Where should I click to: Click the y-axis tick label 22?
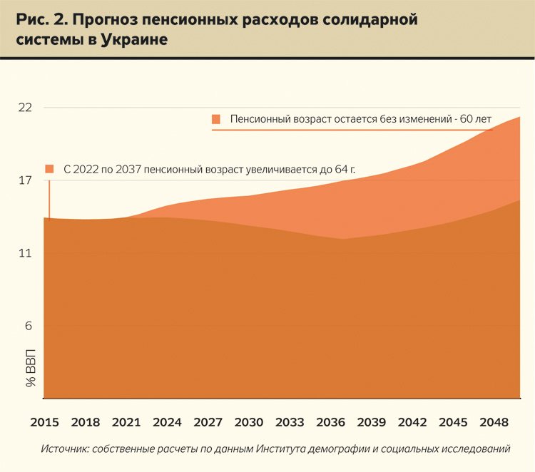point(26,108)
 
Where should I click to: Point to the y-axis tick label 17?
point(26,180)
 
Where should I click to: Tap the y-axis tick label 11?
point(26,254)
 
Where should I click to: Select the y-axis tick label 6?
point(29,327)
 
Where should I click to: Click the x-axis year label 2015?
point(44,422)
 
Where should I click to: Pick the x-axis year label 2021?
point(126,422)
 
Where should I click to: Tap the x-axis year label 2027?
point(208,422)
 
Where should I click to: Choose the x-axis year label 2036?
point(330,422)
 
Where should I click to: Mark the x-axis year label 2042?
point(412,422)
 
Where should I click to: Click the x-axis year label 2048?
point(494,422)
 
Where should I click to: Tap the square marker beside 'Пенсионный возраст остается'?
point(216,119)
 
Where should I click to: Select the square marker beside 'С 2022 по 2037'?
point(49,169)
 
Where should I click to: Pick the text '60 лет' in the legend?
point(476,119)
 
